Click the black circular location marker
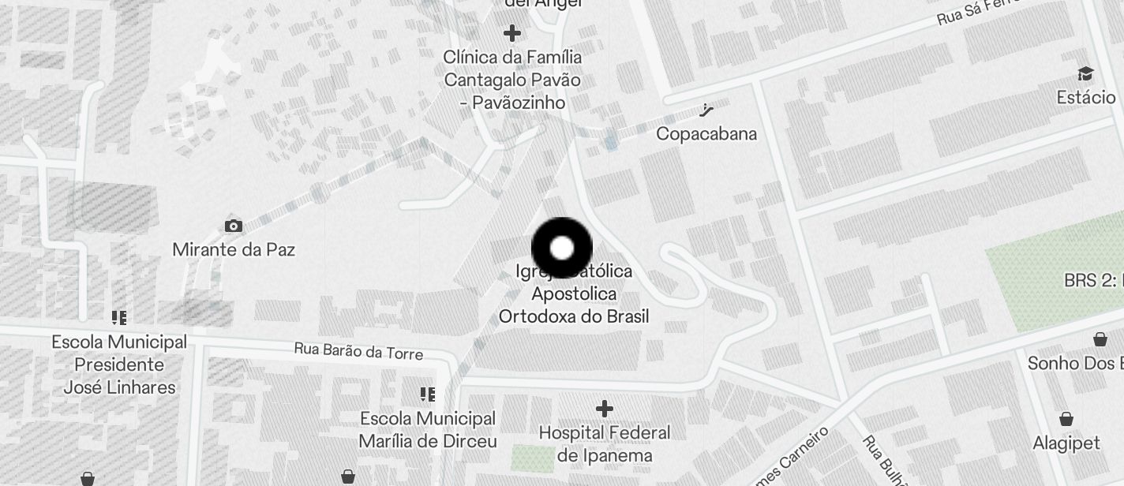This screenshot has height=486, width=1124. [x=561, y=249]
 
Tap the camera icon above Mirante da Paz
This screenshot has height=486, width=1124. [x=233, y=226]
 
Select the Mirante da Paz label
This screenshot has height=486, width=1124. [x=234, y=250]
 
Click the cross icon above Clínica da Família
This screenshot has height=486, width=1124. [x=512, y=33]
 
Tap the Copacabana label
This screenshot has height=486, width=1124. [x=706, y=133]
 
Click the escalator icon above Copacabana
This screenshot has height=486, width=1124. [x=706, y=110]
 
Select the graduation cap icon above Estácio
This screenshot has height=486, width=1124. [x=1086, y=74]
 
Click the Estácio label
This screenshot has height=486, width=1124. [x=1086, y=97]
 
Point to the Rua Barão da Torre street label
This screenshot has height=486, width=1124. [x=358, y=350]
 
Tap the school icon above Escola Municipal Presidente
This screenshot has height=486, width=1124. [x=119, y=318]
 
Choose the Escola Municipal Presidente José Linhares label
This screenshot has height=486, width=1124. [x=119, y=364]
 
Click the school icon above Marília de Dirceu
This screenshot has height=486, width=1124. [x=428, y=394]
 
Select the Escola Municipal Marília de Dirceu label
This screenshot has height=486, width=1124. [x=428, y=429]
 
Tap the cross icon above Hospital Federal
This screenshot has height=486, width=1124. [x=605, y=409]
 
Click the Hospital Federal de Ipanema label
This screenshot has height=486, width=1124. [x=605, y=444]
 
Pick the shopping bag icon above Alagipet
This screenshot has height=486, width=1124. [x=1066, y=418]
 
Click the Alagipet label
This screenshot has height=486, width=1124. [x=1066, y=443]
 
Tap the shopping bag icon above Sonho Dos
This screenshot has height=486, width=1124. [x=1100, y=339]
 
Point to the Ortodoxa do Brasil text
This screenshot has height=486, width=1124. [x=574, y=316]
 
